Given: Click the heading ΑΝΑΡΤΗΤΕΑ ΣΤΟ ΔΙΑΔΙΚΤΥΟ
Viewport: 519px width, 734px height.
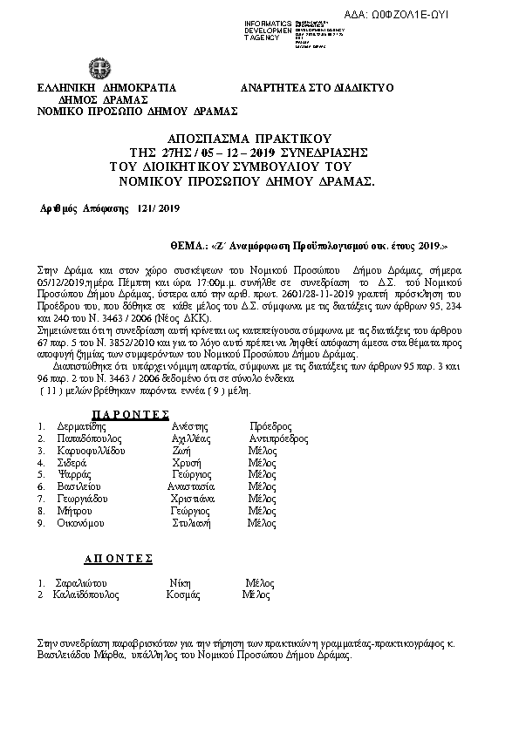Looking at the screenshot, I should pyautogui.click(x=317, y=88).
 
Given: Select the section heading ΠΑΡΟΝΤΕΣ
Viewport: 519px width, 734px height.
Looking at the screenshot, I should pyautogui.click(x=130, y=413).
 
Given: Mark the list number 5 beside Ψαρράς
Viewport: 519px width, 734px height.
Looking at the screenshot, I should pyautogui.click(x=41, y=474).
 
